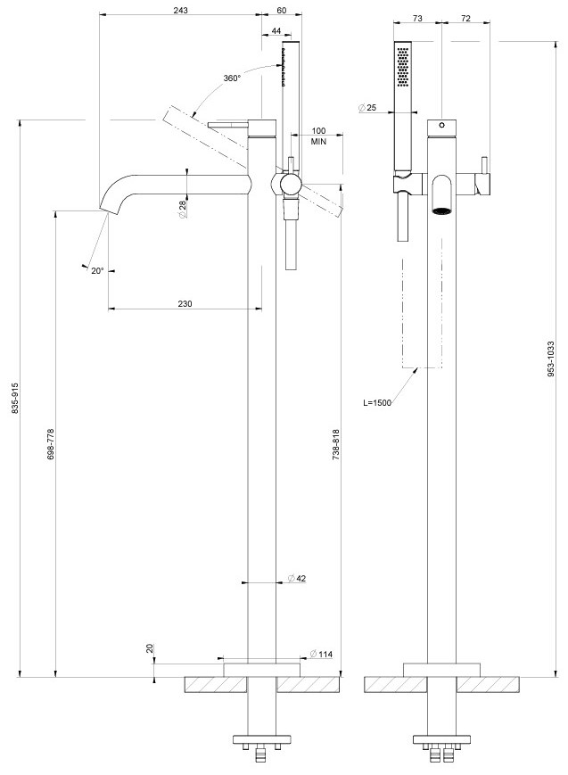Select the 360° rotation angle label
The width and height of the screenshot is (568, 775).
point(233,78)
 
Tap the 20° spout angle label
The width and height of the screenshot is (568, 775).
point(97,270)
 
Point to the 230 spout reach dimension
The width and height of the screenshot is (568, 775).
point(185,304)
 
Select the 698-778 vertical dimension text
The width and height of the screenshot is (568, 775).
point(51,444)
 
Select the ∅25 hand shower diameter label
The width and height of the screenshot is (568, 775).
point(367,108)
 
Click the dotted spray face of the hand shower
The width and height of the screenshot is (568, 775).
point(403,65)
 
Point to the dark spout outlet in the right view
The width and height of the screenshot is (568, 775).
point(441,210)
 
